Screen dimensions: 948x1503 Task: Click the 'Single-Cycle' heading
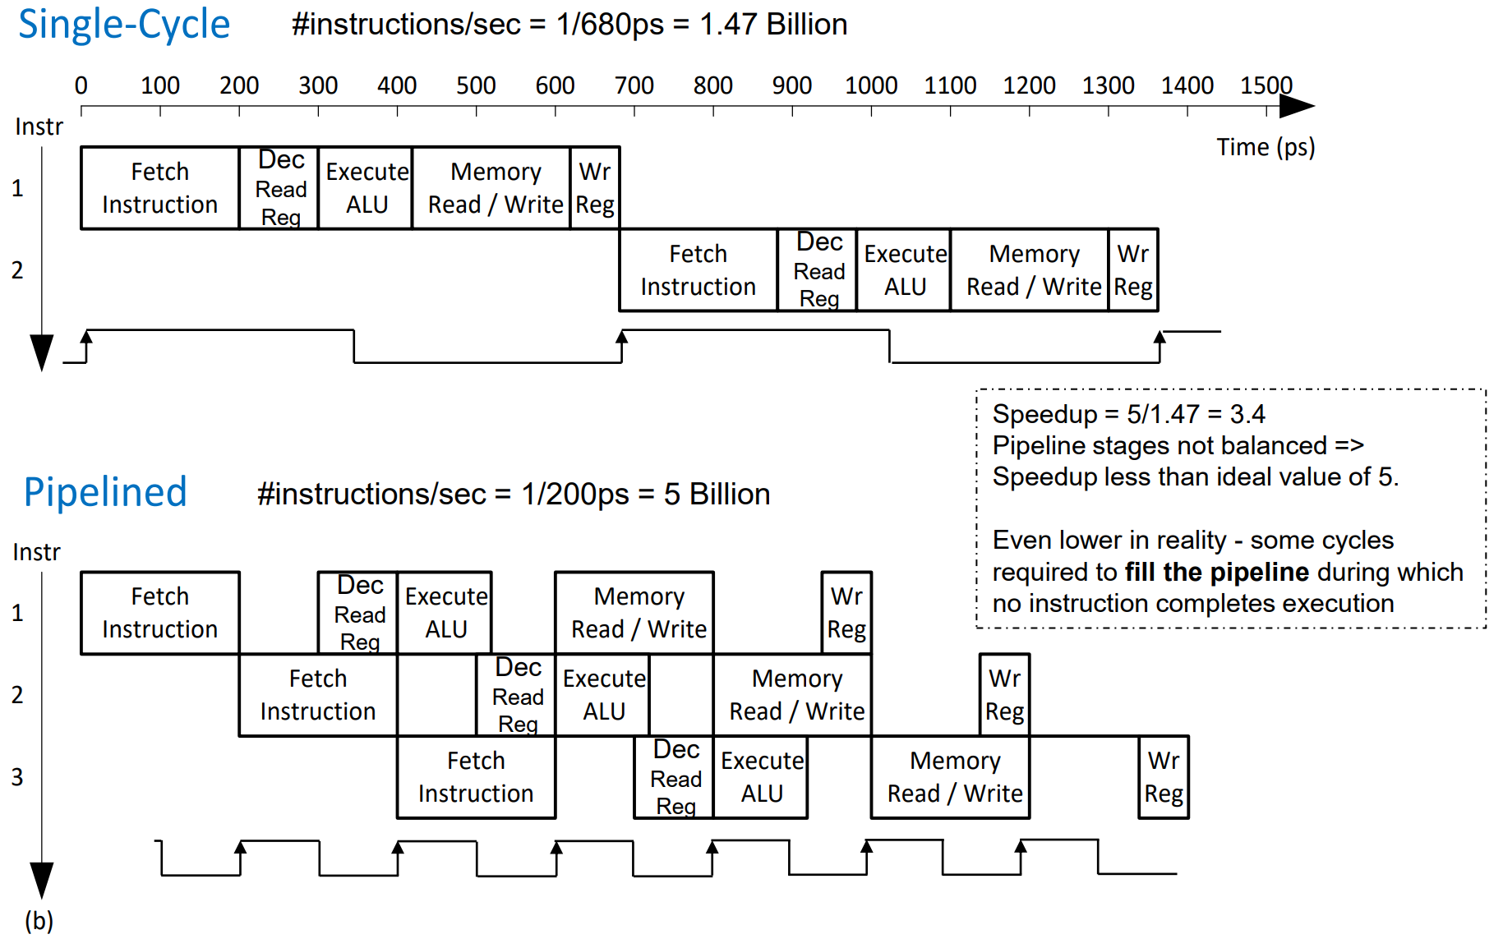[x=124, y=25]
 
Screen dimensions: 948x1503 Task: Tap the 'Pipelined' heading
[x=105, y=492]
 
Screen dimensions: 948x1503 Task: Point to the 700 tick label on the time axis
[x=634, y=85]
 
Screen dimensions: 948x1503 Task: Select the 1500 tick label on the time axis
[x=1266, y=85]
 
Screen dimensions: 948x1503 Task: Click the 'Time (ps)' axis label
[x=1266, y=147]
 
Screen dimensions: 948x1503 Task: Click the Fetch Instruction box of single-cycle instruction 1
[x=159, y=188]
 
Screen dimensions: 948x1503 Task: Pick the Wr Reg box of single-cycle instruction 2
[x=1133, y=270]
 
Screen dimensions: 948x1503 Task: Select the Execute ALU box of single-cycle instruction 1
[x=366, y=188]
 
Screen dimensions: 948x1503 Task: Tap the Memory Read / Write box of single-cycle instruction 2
[x=1033, y=270]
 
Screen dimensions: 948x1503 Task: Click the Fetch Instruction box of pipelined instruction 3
[x=476, y=777]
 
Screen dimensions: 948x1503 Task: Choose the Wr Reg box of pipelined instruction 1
[x=846, y=613]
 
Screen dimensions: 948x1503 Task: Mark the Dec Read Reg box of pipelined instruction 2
[x=518, y=695]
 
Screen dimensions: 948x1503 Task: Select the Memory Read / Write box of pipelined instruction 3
[x=954, y=777]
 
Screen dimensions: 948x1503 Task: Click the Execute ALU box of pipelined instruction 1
[x=445, y=613]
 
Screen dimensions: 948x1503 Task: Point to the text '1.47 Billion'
[x=773, y=25]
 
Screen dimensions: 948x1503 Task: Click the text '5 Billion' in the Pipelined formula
[x=717, y=494]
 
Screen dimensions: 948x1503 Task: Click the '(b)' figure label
[x=39, y=920]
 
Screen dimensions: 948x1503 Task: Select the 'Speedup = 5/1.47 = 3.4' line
[x=1128, y=414]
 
